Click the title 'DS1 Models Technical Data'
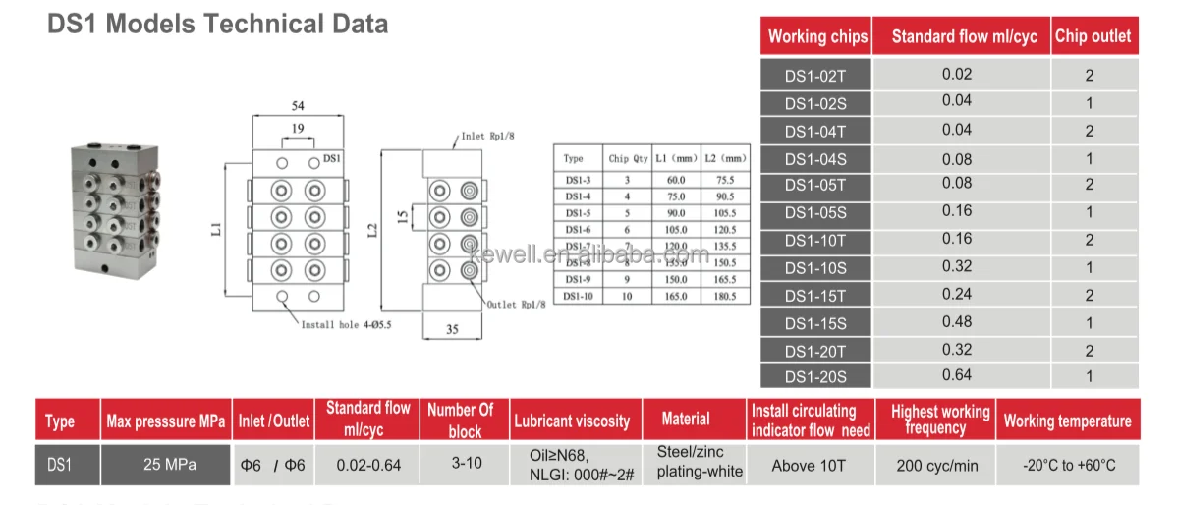pyautogui.click(x=217, y=24)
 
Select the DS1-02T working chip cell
pyautogui.click(x=814, y=75)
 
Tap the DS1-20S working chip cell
pyautogui.click(x=814, y=376)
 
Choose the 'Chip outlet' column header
pyautogui.click(x=1093, y=36)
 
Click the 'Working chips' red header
pyautogui.click(x=817, y=36)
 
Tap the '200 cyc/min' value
pyautogui.click(x=937, y=465)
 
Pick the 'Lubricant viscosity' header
pyautogui.click(x=571, y=421)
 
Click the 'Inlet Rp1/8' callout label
pyautogui.click(x=488, y=137)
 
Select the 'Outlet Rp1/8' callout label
pyautogui.click(x=515, y=305)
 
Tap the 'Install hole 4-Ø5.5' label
pyautogui.click(x=345, y=324)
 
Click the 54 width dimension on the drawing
pyautogui.click(x=297, y=105)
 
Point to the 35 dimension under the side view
pyautogui.click(x=452, y=330)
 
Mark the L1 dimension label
pyautogui.click(x=217, y=228)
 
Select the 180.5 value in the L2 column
pyautogui.click(x=725, y=296)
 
